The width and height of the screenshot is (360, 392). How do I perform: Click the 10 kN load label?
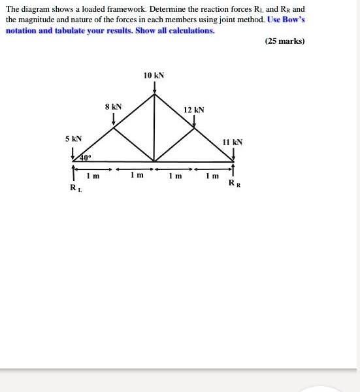(x=154, y=76)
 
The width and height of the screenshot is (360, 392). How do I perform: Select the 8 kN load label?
(x=113, y=106)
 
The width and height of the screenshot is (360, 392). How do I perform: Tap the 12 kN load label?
(x=194, y=110)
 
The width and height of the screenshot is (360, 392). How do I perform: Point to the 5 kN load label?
(x=73, y=139)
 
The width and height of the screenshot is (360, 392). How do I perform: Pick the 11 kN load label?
(x=233, y=142)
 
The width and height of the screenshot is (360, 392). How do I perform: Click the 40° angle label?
(x=86, y=158)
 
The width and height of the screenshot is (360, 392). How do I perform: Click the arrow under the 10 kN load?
(x=154, y=88)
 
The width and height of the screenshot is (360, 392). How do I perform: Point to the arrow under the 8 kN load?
(x=114, y=118)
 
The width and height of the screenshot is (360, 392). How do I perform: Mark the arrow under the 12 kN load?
(x=194, y=120)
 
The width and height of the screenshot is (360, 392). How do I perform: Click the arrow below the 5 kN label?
(x=73, y=153)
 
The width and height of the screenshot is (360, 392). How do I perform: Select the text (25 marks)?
(x=285, y=42)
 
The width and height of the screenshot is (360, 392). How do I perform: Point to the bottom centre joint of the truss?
(x=154, y=161)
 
